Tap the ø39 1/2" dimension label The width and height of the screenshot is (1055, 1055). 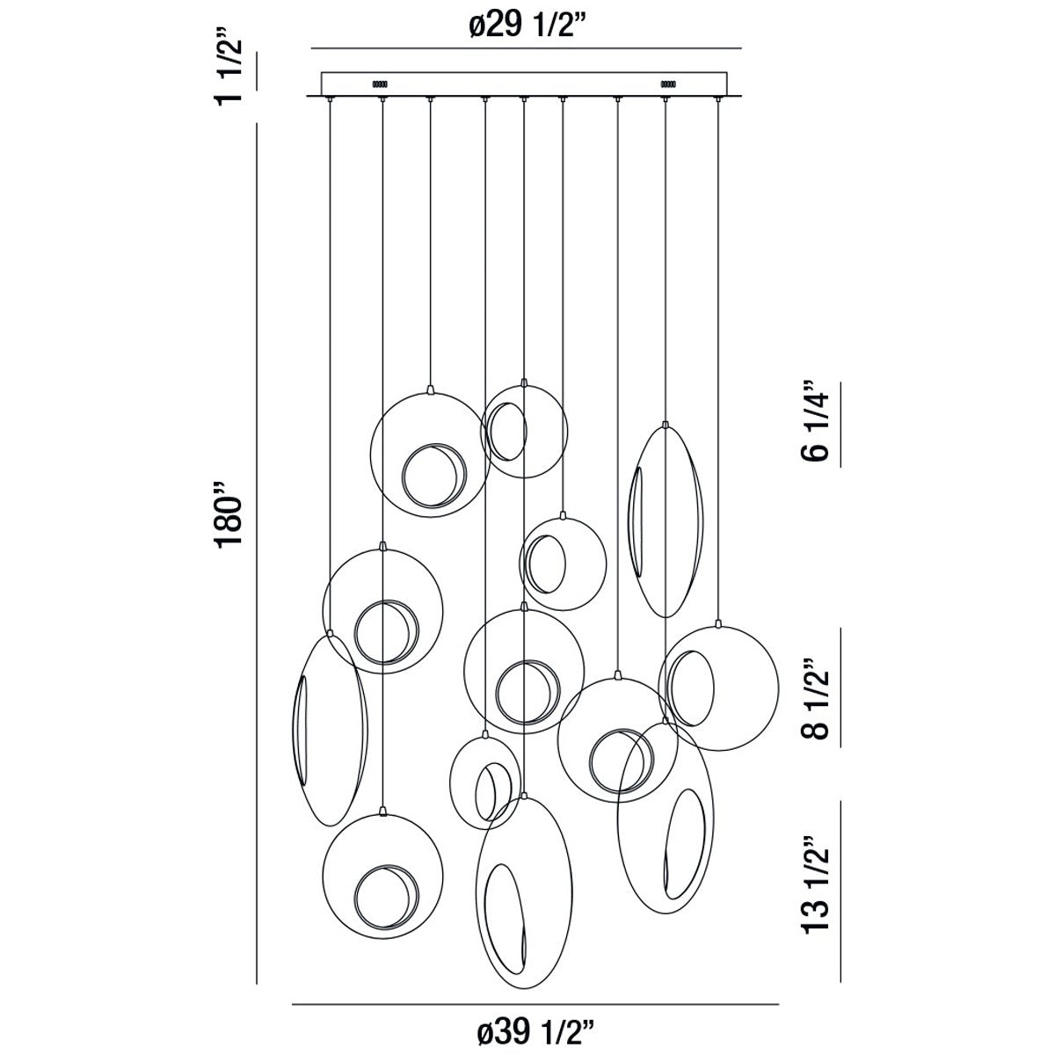click(535, 1031)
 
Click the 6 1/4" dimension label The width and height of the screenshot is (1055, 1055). click(814, 420)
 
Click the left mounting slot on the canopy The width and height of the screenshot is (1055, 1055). click(380, 84)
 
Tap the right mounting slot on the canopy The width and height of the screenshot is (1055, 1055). click(667, 84)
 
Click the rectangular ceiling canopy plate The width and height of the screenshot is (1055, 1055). click(524, 84)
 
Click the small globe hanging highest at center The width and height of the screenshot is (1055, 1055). click(524, 431)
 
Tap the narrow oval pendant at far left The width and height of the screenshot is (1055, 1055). click(329, 730)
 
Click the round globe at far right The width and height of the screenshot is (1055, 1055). click(719, 688)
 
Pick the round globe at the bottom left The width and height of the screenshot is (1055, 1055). click(382, 871)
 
